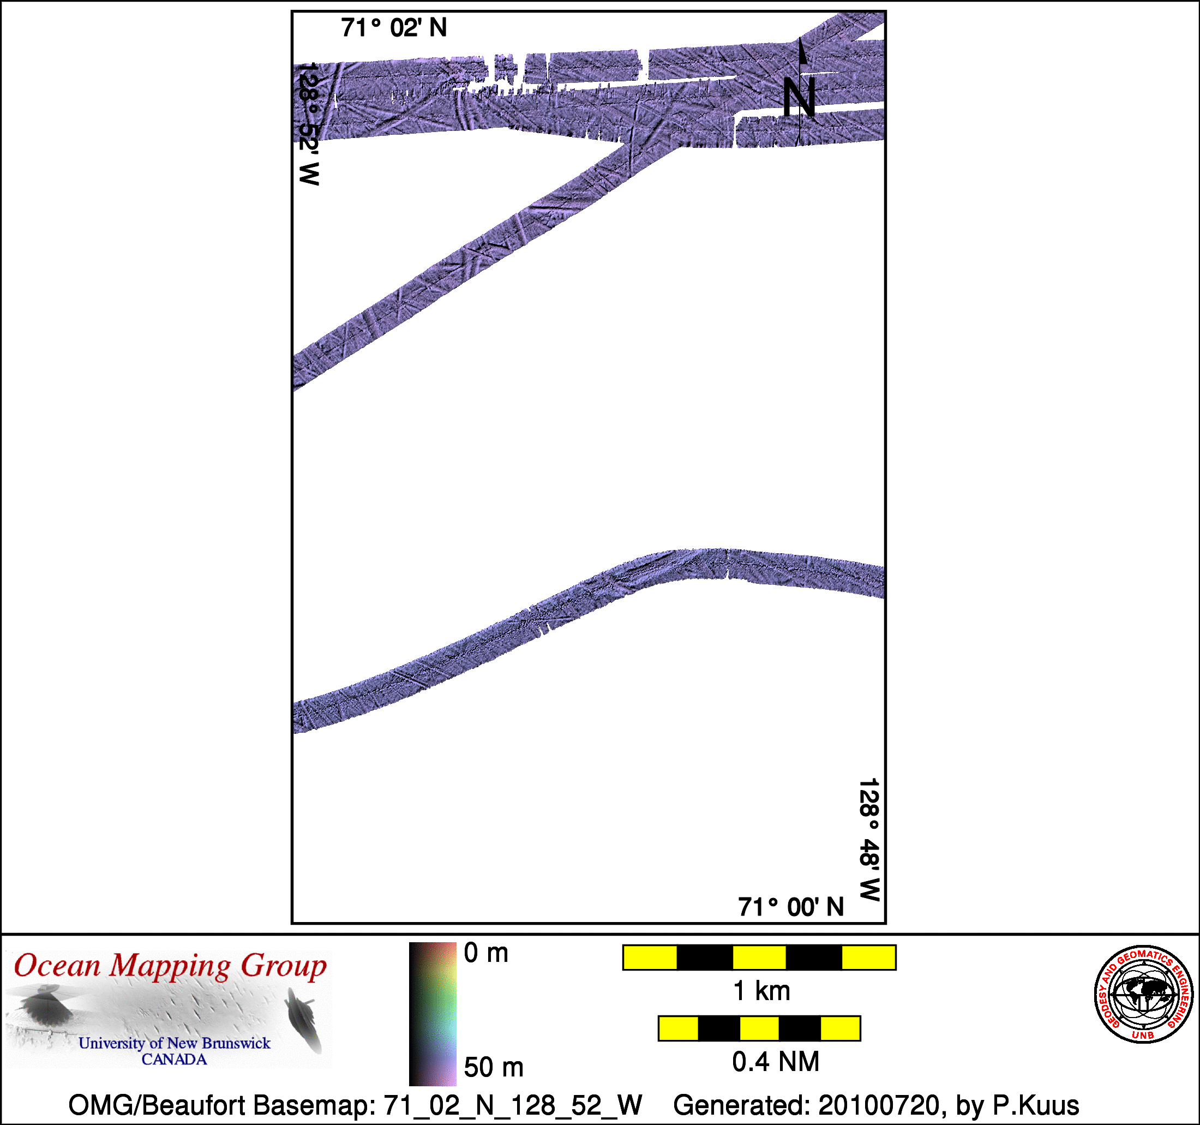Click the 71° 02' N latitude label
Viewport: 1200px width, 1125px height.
coord(394,28)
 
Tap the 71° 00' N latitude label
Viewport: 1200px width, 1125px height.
coord(791,907)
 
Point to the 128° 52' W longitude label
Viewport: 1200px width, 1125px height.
coord(309,123)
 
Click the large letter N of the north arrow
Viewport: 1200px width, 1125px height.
coord(800,97)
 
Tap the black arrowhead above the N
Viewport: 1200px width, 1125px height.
coord(803,51)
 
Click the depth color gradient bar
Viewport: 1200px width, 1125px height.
coord(433,1014)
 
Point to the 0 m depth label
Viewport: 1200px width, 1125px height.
coord(486,953)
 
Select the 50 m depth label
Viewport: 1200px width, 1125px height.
coord(494,1067)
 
